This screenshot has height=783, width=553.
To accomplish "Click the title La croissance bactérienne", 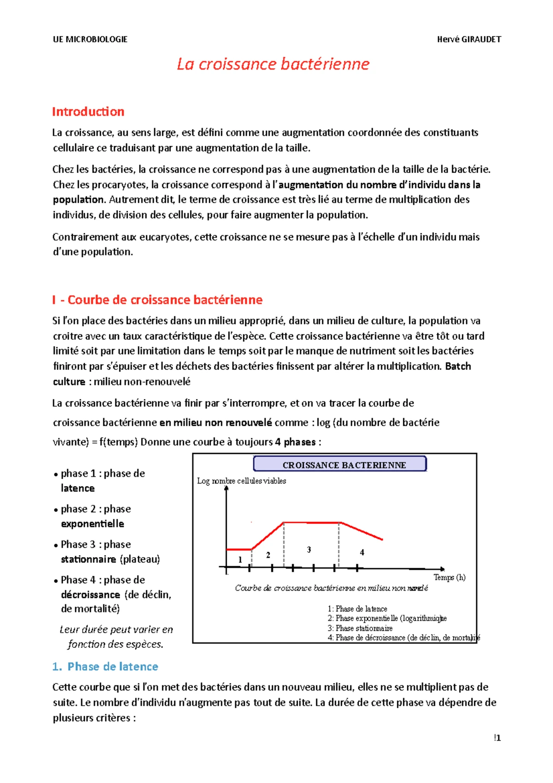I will point(273,64).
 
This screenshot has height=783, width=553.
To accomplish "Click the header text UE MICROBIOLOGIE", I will point(90,39).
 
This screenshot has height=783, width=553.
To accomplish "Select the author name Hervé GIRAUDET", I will point(469,39).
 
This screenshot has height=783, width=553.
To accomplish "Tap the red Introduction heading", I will point(88,112).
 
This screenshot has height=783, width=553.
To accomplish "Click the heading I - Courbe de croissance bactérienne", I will point(157,300).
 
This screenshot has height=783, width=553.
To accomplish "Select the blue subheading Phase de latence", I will point(112,666).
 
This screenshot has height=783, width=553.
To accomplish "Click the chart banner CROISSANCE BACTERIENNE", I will point(344,465).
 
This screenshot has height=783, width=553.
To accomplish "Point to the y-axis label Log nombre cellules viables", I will point(241,480).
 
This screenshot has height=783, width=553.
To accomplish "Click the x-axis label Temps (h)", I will point(449,577).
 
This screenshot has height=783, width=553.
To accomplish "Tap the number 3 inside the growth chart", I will point(309,550).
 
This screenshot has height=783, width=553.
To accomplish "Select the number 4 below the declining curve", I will point(362,552).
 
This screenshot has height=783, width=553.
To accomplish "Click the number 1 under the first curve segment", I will point(240,559).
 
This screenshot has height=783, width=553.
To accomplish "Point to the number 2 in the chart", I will point(268,555).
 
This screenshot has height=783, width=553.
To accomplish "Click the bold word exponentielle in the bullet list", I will point(92,524).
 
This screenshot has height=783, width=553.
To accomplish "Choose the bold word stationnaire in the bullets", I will point(88,559).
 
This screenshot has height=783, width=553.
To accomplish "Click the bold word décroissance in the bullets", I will point(90,595).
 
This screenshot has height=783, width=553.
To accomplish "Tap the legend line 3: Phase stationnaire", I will point(360,628).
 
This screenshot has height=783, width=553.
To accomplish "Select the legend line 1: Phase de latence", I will point(357,609).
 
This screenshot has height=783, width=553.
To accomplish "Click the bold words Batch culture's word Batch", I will point(458,367).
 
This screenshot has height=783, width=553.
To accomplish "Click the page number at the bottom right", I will point(497,738).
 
